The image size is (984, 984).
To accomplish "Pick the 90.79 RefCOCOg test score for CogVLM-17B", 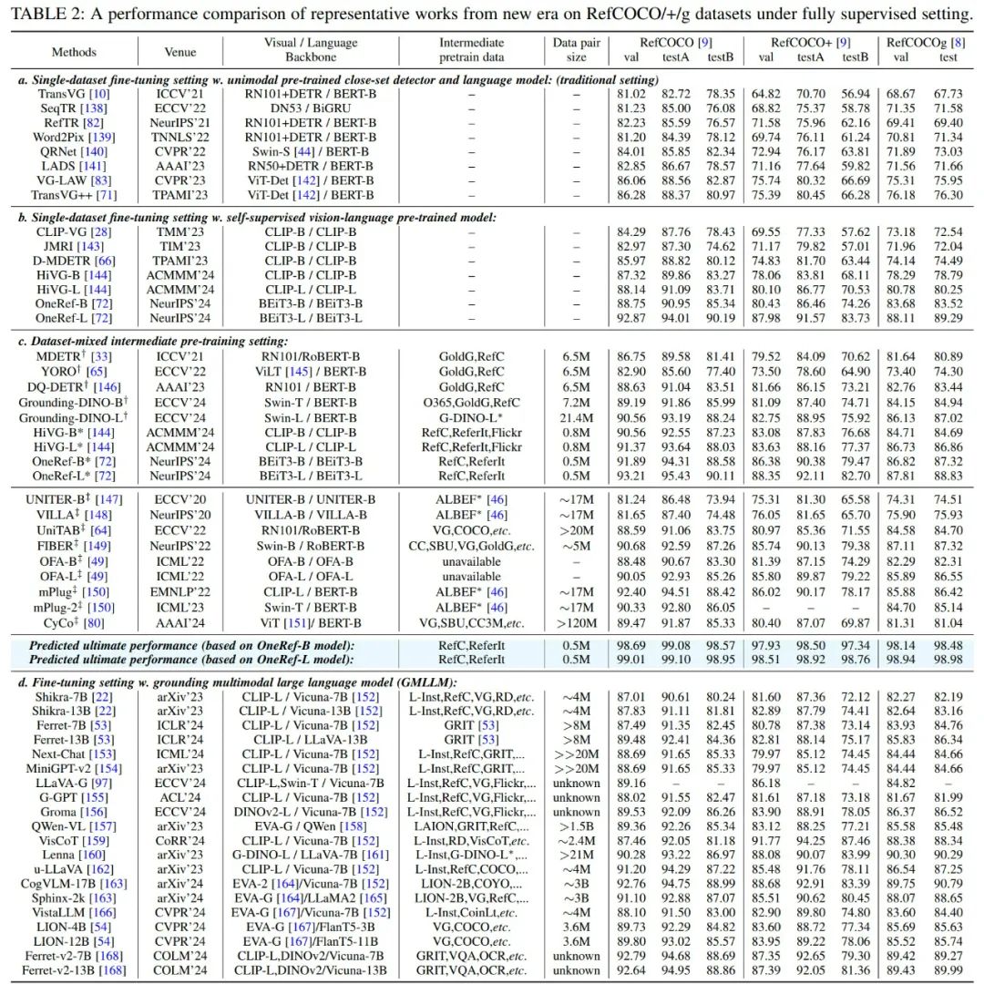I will (948, 882).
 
